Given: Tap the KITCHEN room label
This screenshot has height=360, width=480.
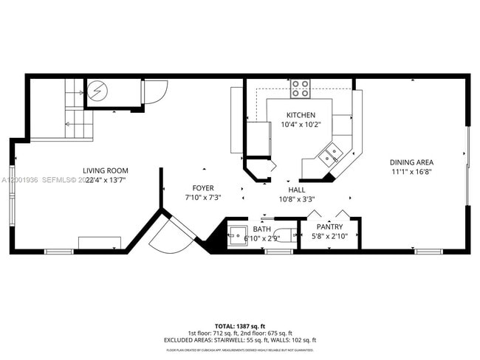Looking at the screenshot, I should [301, 115].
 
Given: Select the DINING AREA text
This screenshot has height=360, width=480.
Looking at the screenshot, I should [411, 162].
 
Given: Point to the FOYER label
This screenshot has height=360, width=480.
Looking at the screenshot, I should [203, 188].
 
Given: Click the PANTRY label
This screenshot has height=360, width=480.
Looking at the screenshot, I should [329, 227].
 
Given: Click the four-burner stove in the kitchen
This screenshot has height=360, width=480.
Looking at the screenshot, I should [300, 89].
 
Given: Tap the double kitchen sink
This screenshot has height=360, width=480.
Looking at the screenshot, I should [330, 154].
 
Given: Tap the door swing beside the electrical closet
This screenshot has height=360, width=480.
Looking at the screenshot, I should [154, 91].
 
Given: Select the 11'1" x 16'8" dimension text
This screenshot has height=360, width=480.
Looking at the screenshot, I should [411, 171].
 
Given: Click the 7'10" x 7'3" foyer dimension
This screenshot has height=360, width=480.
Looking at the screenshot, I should [203, 198].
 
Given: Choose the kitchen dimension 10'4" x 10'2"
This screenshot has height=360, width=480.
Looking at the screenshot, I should [301, 125].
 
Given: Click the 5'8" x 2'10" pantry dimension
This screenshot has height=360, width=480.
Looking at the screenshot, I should [329, 236].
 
